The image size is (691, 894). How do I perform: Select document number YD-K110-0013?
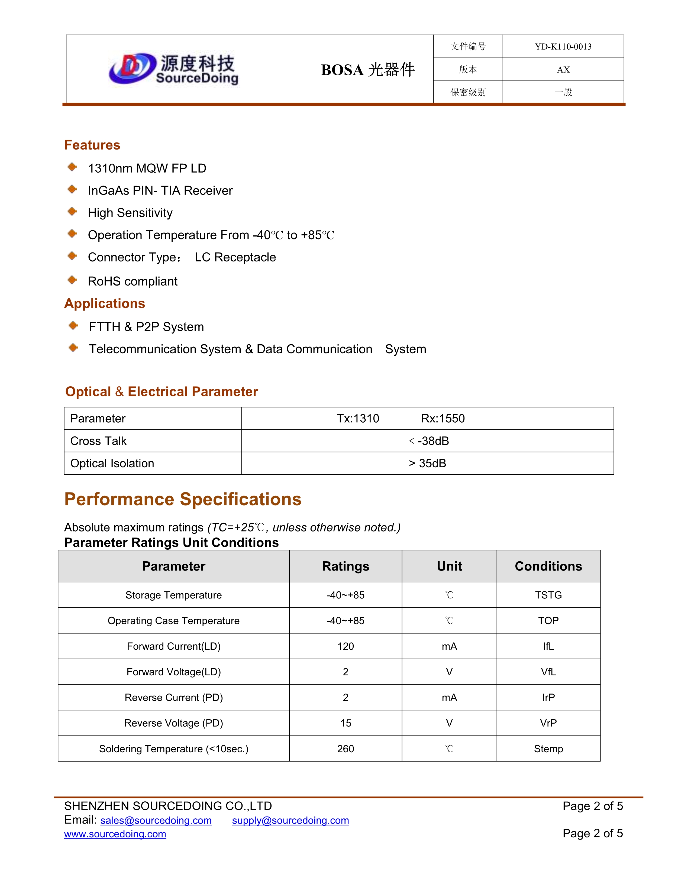pyautogui.click(x=563, y=47)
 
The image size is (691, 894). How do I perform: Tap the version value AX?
pyautogui.click(x=563, y=70)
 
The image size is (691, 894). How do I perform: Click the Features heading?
pyautogui.click(x=92, y=145)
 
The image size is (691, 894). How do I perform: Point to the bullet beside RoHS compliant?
pyautogui.click(x=72, y=280)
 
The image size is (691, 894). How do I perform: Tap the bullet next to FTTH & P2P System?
pyautogui.click(x=73, y=325)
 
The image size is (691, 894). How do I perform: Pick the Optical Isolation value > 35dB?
pyautogui.click(x=427, y=463)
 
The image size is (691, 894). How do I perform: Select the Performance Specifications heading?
pyautogui.click(x=183, y=499)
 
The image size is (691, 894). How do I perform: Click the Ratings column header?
pyautogui.click(x=345, y=566)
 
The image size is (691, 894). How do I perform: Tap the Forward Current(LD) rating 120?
pyautogui.click(x=345, y=646)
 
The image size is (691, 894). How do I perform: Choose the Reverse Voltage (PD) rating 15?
pyautogui.click(x=345, y=723)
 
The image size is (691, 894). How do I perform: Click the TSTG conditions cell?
pyautogui.click(x=548, y=595)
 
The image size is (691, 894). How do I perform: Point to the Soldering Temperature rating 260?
pyautogui.click(x=345, y=749)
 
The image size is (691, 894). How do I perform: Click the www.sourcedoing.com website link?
pyautogui.click(x=115, y=834)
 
